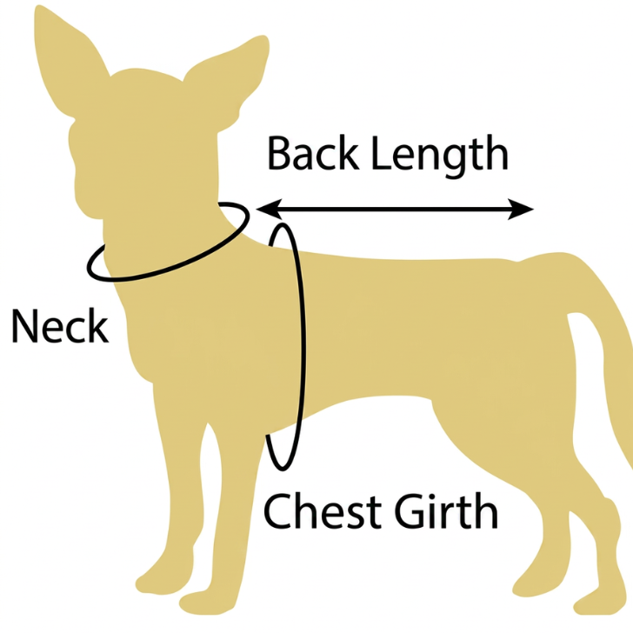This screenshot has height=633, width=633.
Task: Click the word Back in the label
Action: (x=313, y=153)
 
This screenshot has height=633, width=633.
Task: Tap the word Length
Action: (x=439, y=157)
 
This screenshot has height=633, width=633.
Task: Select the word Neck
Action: (x=60, y=326)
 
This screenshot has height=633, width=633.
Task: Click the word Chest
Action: (x=322, y=511)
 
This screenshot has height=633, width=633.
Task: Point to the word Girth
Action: (x=446, y=511)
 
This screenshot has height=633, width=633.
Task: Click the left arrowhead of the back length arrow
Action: (x=269, y=209)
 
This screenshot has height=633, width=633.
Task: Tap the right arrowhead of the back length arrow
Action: (x=521, y=209)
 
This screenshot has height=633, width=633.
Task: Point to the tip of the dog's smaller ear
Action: (x=264, y=37)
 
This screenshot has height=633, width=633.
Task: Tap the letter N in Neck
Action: (x=24, y=326)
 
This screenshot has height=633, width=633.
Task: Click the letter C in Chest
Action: (x=277, y=511)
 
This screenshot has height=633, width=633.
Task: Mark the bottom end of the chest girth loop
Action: (x=283, y=470)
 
